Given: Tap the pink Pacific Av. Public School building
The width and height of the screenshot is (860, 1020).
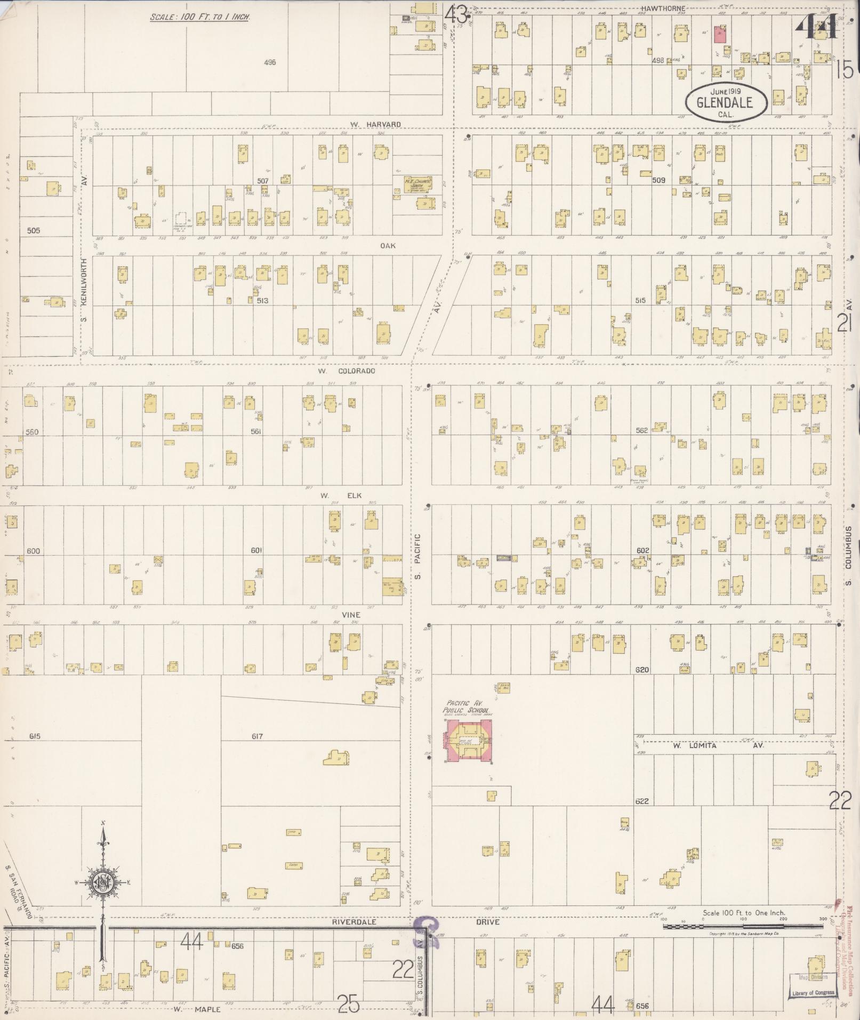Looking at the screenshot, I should [x=469, y=742].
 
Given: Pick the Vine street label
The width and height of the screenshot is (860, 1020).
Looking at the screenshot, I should [x=351, y=615].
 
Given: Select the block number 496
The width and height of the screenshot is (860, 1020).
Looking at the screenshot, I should [x=270, y=62].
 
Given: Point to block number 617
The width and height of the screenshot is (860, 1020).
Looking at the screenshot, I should [x=258, y=736].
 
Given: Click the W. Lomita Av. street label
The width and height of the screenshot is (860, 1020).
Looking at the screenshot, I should [x=718, y=745].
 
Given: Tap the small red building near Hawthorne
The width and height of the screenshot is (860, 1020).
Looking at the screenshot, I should [x=721, y=35].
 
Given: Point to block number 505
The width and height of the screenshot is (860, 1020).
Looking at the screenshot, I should [x=34, y=231].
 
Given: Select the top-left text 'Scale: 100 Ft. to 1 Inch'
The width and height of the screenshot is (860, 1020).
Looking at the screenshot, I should [x=200, y=17].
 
